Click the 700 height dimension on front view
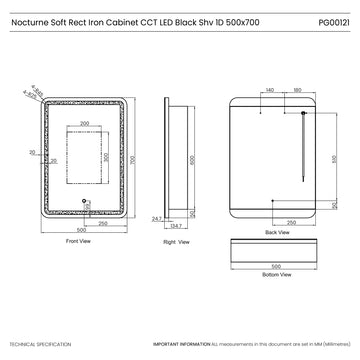coord(133,160)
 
